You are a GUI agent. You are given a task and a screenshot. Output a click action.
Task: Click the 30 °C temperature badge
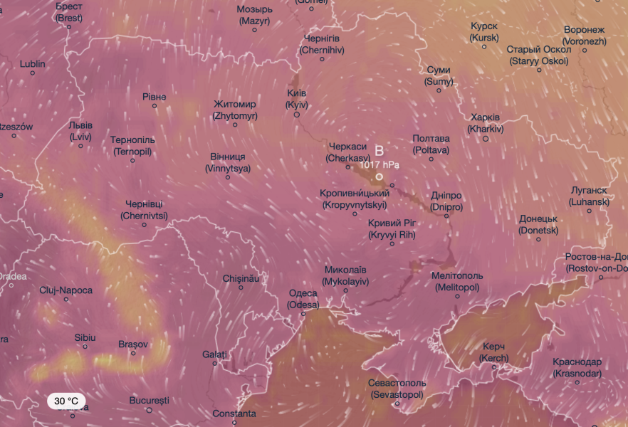coord(67,401)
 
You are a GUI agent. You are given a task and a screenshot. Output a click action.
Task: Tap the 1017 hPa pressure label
coord(380,164)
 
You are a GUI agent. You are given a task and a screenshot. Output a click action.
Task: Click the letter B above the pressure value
coord(379,151)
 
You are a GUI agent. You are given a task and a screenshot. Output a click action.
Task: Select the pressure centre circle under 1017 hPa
coord(380,176)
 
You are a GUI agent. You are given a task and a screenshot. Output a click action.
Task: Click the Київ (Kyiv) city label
coord(296,99)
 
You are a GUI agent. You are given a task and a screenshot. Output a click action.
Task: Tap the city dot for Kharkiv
coord(486,139)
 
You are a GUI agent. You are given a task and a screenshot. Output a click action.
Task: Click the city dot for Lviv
coord(80,146)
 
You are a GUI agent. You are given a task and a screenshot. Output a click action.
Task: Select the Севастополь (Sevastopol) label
coord(397,389)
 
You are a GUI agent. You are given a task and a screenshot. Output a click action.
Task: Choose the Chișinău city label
coord(241,278)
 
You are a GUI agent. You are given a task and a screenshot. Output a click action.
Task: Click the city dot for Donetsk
coord(539,239)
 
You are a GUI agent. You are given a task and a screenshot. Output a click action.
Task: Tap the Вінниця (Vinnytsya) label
coord(228,162)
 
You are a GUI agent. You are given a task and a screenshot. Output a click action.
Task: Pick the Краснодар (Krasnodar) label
coord(577,367)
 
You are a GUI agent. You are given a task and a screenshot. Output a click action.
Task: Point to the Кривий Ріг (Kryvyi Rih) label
coord(392,228)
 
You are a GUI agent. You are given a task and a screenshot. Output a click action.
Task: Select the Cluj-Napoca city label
coord(66,290)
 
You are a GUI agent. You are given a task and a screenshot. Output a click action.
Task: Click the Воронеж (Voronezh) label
coord(584,36)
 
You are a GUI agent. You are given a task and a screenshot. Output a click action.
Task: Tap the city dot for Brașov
coord(133,354)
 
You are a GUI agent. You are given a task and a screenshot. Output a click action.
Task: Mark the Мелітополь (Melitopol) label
coord(457,281)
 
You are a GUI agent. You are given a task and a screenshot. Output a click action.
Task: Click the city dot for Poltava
coord(431,159)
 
